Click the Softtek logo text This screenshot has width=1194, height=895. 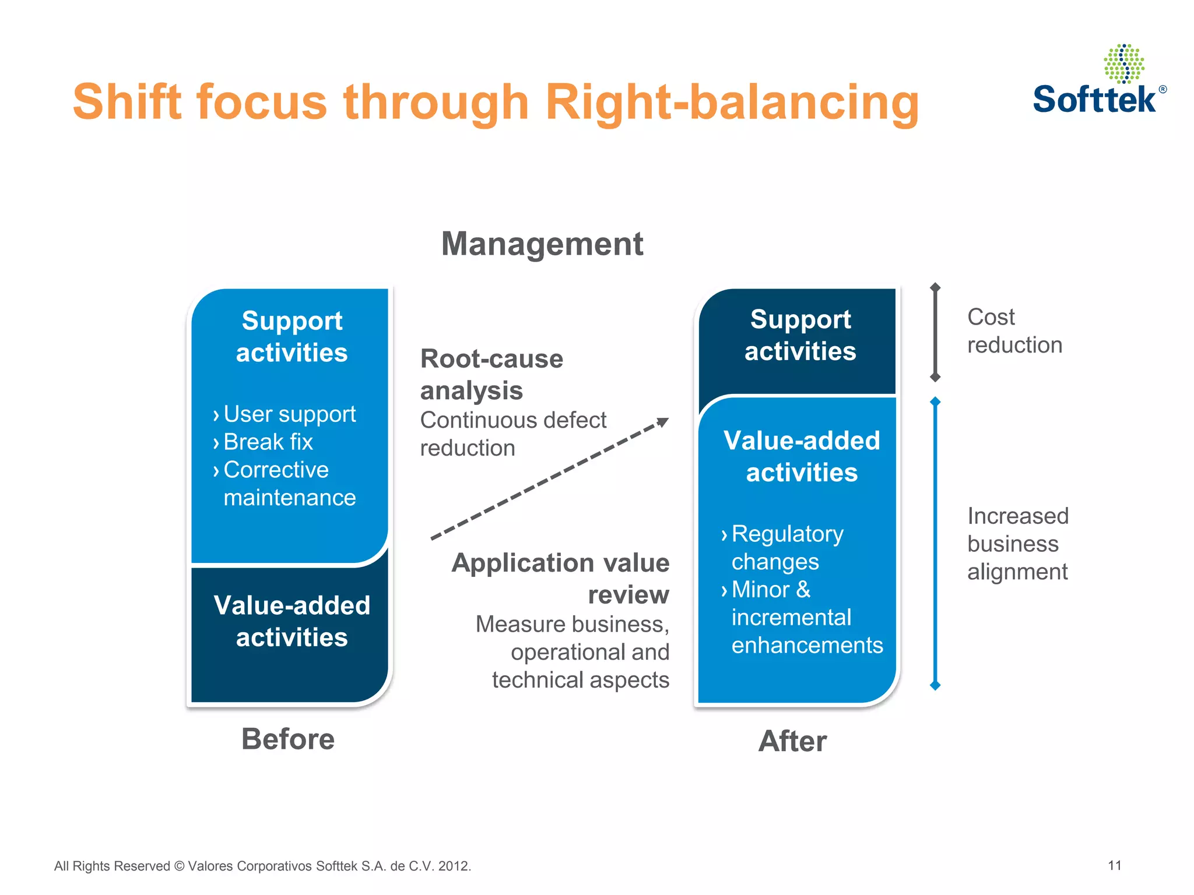coord(1094,100)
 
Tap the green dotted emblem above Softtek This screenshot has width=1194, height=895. coord(1123,64)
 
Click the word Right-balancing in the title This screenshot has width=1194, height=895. coord(732,102)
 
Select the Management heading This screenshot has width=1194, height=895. coord(542,244)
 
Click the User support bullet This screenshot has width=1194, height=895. coord(289,414)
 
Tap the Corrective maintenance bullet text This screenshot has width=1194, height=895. coord(289,484)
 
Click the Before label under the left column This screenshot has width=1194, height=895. coord(288,739)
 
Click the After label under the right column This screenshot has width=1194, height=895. coord(792,741)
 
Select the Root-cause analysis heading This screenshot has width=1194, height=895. coord(491,374)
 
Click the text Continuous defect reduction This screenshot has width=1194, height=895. coord(513,434)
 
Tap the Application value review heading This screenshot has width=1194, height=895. coord(561,579)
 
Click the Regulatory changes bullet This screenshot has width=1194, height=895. coord(787,548)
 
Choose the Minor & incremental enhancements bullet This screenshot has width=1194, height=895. coord(807,618)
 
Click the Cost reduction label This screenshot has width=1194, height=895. coord(1014,331)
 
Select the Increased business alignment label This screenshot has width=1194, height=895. coord(1018,544)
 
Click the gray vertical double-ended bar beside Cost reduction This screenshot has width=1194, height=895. coord(935,332)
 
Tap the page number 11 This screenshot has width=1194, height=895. coord(1115,865)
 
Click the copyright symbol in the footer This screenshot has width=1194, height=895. coord(178,866)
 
